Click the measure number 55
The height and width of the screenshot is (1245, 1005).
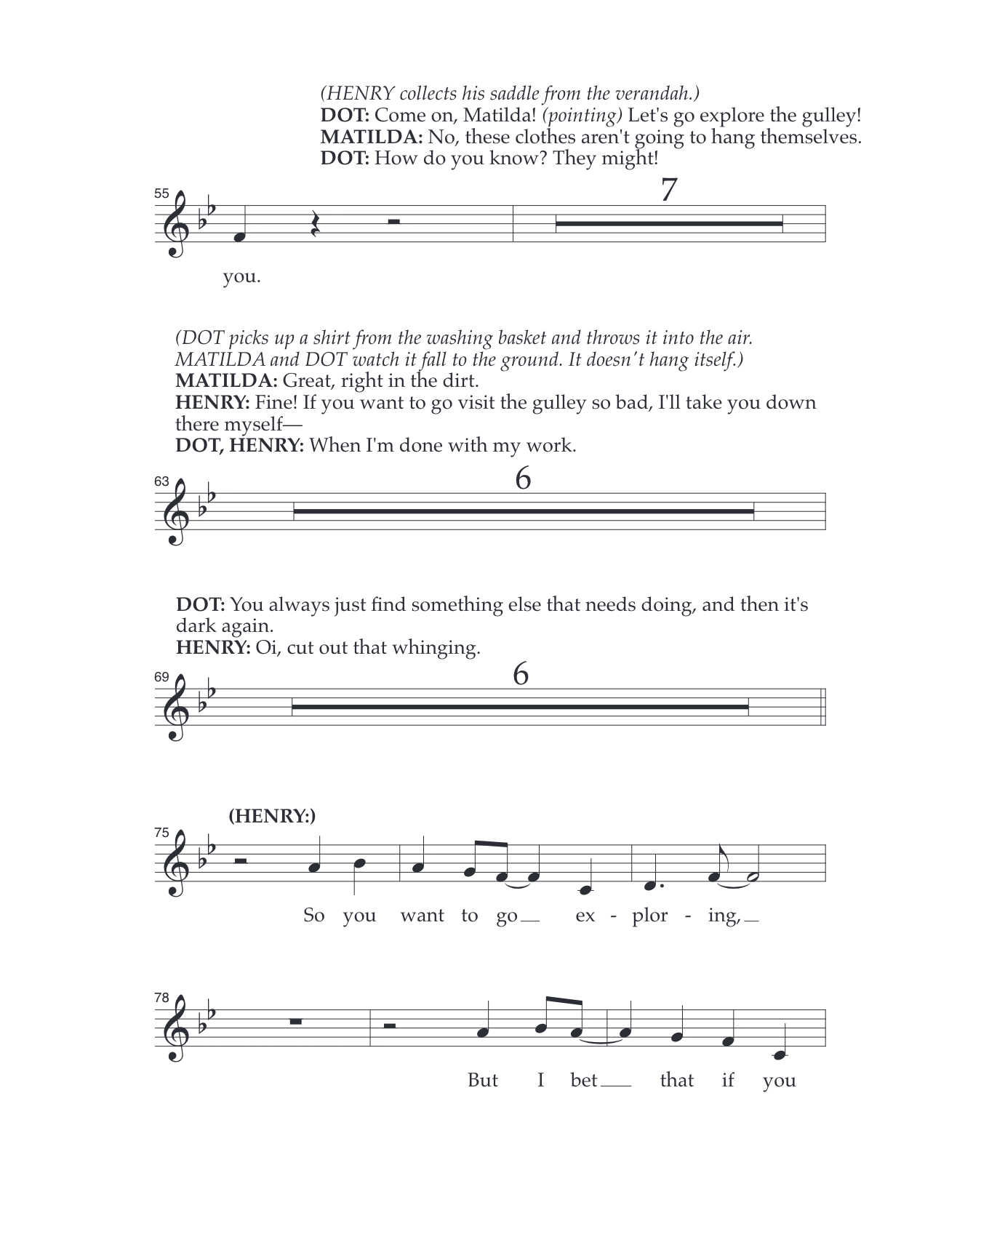point(161,193)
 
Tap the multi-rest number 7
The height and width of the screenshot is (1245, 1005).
point(668,191)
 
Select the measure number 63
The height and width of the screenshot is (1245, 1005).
point(161,481)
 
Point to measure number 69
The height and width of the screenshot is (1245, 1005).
point(161,677)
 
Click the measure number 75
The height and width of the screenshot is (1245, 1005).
point(161,833)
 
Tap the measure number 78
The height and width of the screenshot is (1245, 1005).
point(161,998)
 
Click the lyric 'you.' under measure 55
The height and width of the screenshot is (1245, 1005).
point(241,277)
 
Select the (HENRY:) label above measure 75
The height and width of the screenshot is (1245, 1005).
point(272,816)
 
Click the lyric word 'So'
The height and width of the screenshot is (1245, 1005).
point(313,915)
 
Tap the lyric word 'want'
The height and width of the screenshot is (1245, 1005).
point(422,915)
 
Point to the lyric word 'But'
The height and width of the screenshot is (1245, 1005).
point(482,1080)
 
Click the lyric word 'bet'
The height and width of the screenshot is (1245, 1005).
point(584,1080)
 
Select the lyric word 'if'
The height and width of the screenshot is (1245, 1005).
point(727,1080)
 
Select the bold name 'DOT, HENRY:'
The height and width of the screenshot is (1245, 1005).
point(239,446)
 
